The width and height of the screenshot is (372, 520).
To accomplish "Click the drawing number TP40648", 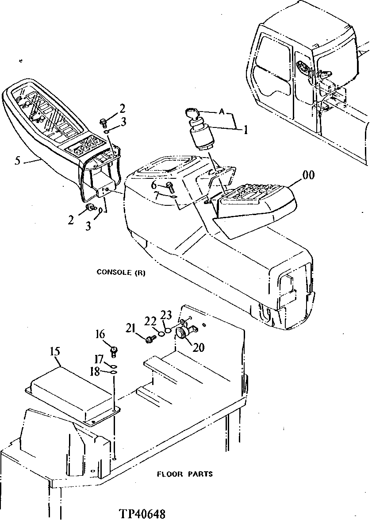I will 142,514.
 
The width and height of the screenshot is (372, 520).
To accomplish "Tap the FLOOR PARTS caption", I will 185,474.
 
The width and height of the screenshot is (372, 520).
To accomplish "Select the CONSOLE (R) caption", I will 121,273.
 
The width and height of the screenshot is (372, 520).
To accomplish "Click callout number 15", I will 54,352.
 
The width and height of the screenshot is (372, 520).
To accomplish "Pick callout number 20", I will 199,347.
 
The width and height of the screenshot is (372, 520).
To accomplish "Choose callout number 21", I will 130,328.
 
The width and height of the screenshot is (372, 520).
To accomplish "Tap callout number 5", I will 17,161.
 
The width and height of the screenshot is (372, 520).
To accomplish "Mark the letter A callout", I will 222,112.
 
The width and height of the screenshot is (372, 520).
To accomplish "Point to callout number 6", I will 154,185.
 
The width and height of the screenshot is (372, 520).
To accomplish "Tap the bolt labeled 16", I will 114,351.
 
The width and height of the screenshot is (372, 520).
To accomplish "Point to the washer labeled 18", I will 113,373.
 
